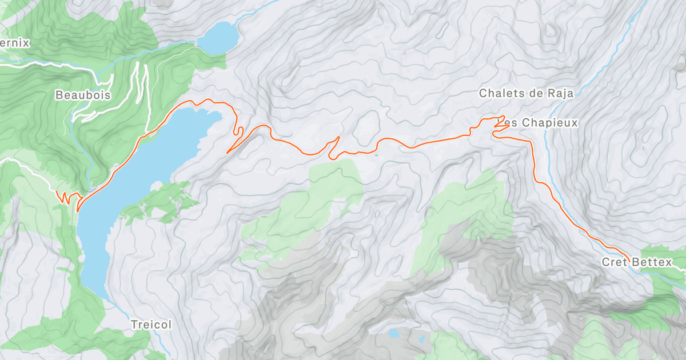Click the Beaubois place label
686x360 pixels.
[83, 95]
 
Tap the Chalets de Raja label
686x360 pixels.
[526, 93]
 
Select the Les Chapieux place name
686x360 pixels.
[542, 123]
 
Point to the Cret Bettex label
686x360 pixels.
[637, 262]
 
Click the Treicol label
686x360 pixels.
[151, 324]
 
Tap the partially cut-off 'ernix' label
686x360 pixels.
[14, 43]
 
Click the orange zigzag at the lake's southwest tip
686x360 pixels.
[67, 198]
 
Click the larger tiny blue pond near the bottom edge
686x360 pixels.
[393, 333]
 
